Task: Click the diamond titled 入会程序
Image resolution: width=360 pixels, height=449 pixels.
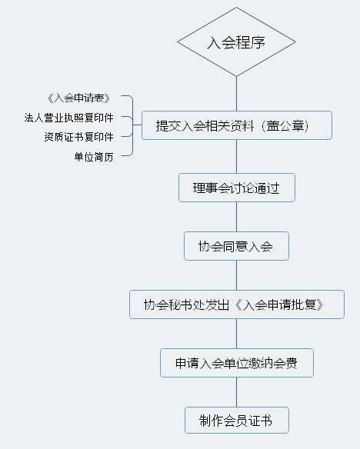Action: coord(236,42)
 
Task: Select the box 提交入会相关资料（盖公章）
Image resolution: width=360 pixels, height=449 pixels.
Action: coord(237,125)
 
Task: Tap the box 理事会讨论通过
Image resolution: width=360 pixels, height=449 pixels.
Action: coord(237,188)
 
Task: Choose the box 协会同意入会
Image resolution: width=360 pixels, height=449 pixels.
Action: coord(236,246)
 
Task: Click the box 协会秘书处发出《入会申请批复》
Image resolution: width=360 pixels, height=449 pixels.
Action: coord(237,304)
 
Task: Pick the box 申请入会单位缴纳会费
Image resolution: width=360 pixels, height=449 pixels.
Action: coord(237,363)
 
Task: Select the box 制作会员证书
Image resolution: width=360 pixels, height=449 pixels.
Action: coord(237,420)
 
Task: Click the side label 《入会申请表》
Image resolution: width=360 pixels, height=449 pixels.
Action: coord(78,98)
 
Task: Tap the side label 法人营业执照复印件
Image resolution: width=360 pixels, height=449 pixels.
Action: coord(68,118)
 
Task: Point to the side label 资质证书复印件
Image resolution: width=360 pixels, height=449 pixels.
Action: coord(78,137)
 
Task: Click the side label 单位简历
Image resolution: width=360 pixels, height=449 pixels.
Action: coord(94,157)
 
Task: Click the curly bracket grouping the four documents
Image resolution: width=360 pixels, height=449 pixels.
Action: coord(133,125)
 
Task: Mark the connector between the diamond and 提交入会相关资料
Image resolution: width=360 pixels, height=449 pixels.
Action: coord(237,94)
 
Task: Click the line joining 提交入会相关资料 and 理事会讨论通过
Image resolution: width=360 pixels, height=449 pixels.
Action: coord(237,156)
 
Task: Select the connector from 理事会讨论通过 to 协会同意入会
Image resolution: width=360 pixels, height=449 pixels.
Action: coord(237,217)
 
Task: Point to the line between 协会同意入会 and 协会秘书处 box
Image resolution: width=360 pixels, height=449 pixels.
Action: coord(237,275)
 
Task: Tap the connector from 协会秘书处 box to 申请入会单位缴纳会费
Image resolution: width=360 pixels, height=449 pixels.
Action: coord(237,334)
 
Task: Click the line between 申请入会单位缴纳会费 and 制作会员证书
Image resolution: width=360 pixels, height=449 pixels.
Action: coord(237,392)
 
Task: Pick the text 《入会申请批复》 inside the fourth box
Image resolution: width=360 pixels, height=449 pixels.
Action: coord(279,304)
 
